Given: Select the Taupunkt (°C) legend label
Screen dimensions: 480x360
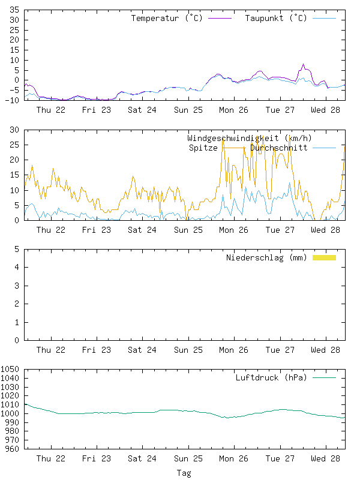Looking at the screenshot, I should coord(276,18).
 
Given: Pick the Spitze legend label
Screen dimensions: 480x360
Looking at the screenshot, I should coord(203,148).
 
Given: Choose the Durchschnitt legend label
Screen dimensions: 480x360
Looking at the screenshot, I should coord(279,148).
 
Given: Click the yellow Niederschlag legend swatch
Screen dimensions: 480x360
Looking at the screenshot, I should coord(324,257).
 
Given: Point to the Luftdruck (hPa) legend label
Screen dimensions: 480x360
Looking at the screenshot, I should coord(271,377).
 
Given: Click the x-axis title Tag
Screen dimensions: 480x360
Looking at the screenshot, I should coord(184,473).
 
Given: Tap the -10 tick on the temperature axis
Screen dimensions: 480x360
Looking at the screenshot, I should coord(12,100).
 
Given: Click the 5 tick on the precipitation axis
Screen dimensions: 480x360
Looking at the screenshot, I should coord(17,249).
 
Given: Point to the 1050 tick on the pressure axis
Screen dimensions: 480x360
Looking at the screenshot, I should coord(10,370).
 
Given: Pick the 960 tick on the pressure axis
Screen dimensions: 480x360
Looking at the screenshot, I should coord(12,449).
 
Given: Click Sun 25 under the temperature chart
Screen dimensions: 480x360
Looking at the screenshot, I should coord(188,110).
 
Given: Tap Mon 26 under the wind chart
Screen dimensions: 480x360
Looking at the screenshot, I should coord(234,230).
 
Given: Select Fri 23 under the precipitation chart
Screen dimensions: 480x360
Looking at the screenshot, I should coord(97,350).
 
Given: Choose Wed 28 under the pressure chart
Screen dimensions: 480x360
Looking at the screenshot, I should coord(326,458).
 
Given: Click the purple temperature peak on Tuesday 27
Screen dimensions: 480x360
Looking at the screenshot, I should coord(303,64).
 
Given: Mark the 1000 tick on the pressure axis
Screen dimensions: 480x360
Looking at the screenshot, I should coord(10,413).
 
